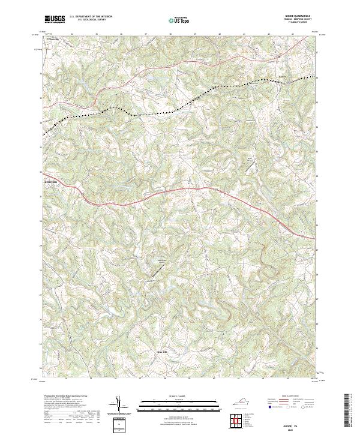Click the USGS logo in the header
[55, 20]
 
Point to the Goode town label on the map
[281, 76]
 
